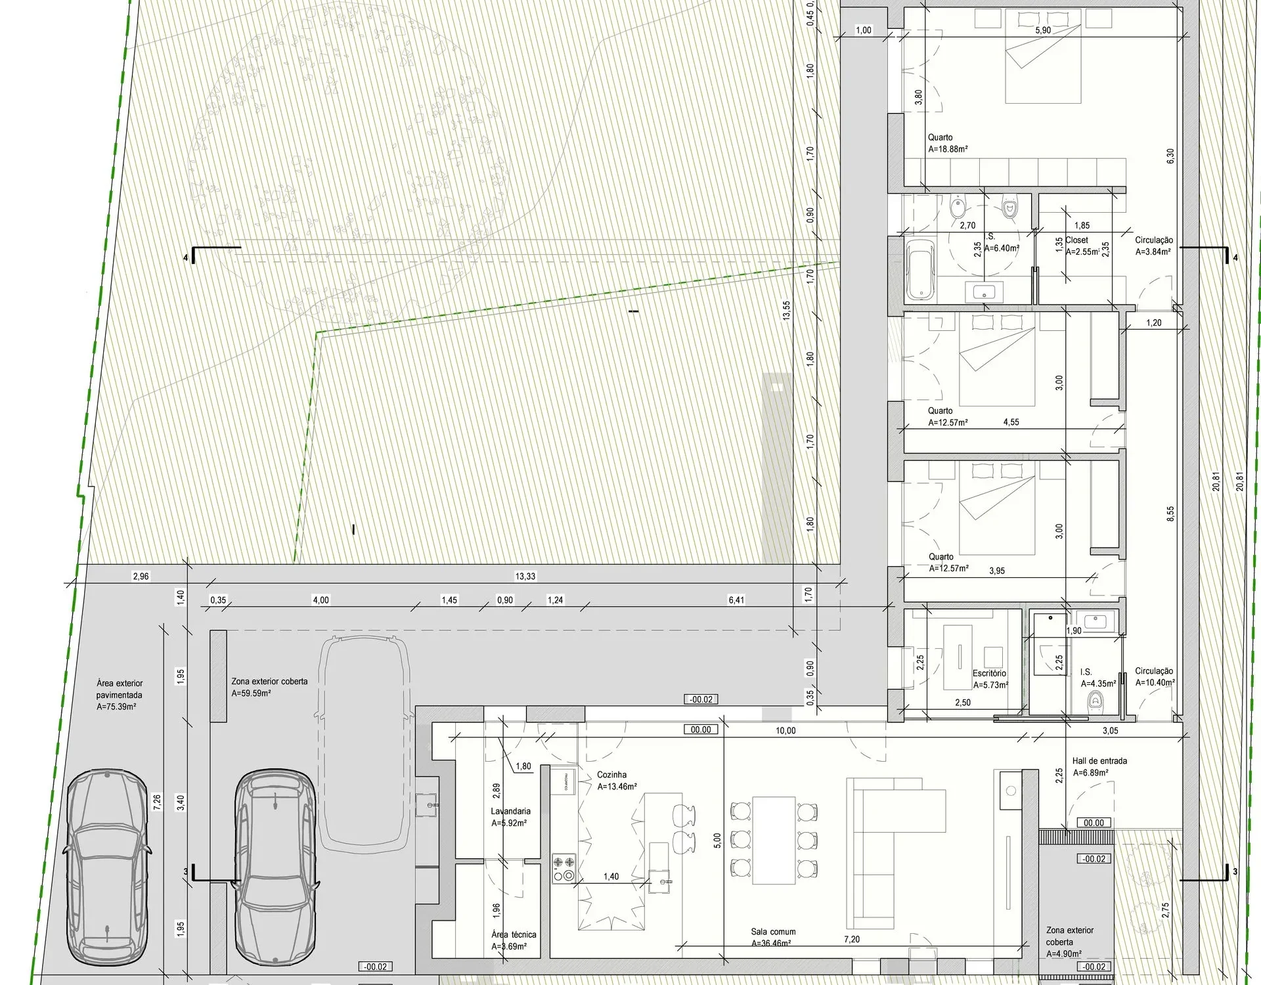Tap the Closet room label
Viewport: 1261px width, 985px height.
click(1077, 240)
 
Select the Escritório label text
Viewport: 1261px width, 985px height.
click(989, 673)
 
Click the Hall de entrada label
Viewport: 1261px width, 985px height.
click(1099, 761)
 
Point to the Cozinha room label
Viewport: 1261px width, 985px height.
click(611, 775)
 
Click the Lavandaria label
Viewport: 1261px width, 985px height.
click(510, 811)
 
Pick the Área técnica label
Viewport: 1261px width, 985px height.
click(514, 934)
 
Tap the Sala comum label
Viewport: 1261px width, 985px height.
click(773, 932)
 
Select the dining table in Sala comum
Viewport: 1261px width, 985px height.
click(774, 840)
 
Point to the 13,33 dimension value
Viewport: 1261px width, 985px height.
click(525, 577)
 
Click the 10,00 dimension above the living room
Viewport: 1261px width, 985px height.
click(785, 730)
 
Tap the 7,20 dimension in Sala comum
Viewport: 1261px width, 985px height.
click(852, 940)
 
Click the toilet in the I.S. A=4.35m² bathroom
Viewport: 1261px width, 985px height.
click(1095, 702)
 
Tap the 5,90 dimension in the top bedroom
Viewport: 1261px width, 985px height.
click(1042, 30)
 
